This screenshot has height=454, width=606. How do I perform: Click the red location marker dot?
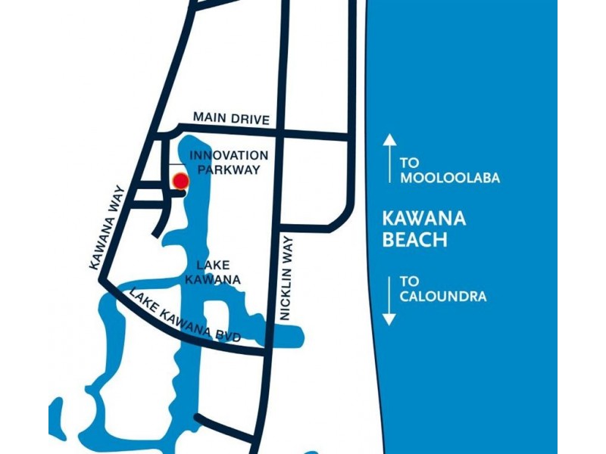pyautogui.click(x=180, y=181)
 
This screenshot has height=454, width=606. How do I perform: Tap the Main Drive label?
pyautogui.click(x=231, y=117)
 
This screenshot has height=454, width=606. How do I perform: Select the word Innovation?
pyautogui.click(x=229, y=155)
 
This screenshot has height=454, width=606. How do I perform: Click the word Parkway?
pyautogui.click(x=229, y=170)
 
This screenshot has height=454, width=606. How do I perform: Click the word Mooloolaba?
pyautogui.click(x=450, y=179)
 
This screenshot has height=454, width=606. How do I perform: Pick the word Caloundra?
pyautogui.click(x=443, y=297)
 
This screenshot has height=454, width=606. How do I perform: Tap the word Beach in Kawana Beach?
pyautogui.click(x=414, y=241)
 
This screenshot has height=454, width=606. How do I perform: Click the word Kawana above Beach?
pyautogui.click(x=424, y=220)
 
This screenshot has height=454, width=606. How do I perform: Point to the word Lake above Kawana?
pyautogui.click(x=212, y=266)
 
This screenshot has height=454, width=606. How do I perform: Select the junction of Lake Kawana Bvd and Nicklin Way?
pyautogui.click(x=265, y=350)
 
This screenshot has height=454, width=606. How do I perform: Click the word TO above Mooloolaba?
pyautogui.click(x=410, y=163)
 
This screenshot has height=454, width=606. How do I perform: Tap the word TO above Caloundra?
pyautogui.click(x=410, y=281)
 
